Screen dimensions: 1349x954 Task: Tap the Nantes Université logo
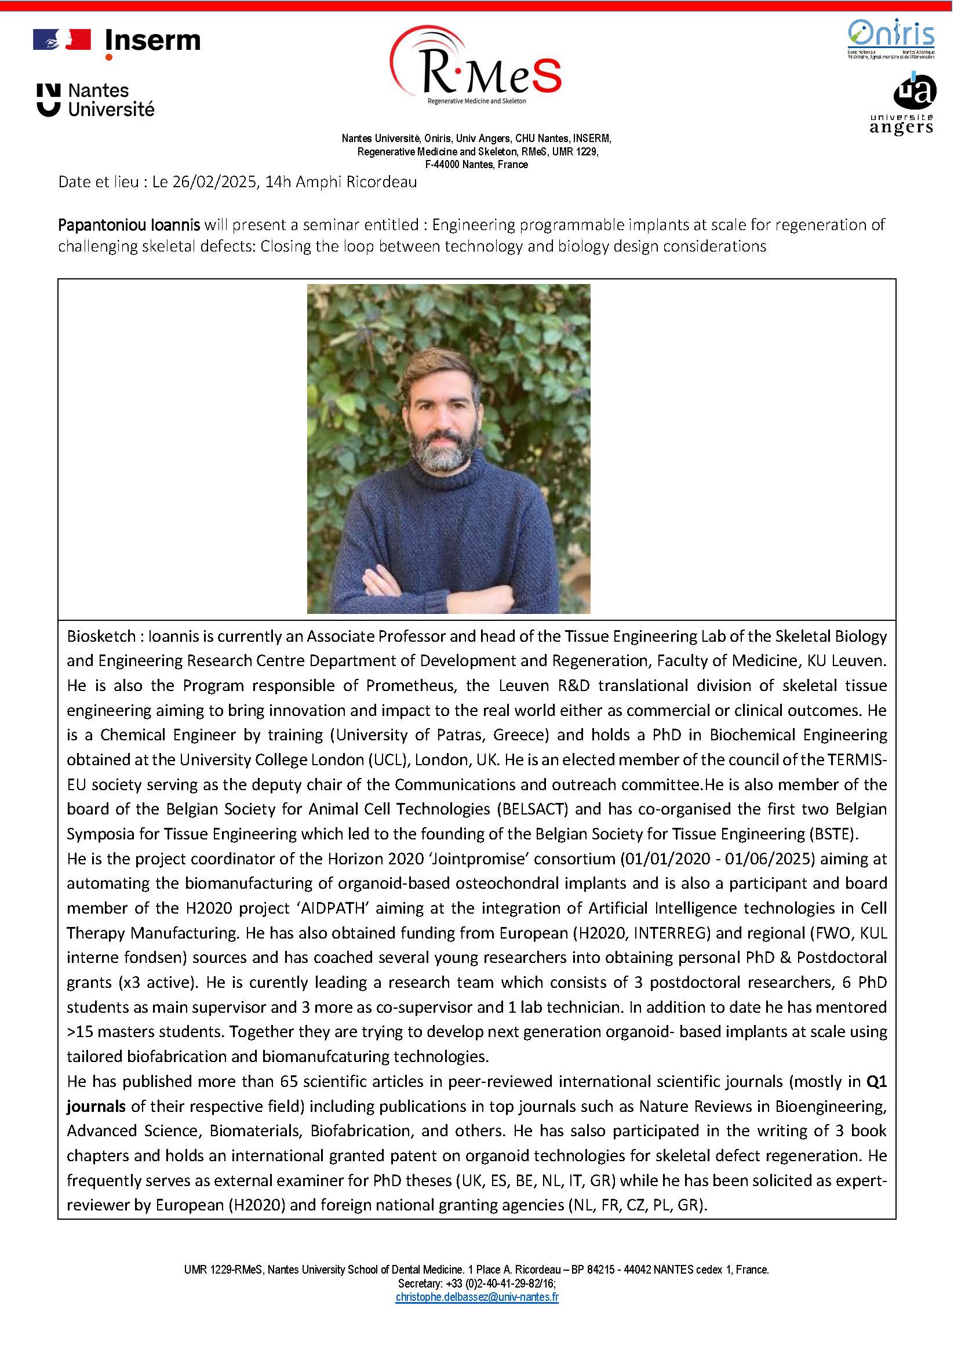(x=95, y=100)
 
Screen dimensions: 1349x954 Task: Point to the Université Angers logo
(x=902, y=104)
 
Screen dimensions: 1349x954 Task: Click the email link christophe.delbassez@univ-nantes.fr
(x=477, y=1297)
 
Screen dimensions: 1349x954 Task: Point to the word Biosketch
(x=101, y=637)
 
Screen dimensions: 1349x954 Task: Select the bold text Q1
(x=876, y=1082)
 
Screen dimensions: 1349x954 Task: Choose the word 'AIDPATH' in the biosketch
(x=333, y=908)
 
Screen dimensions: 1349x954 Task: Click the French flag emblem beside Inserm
(x=61, y=40)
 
